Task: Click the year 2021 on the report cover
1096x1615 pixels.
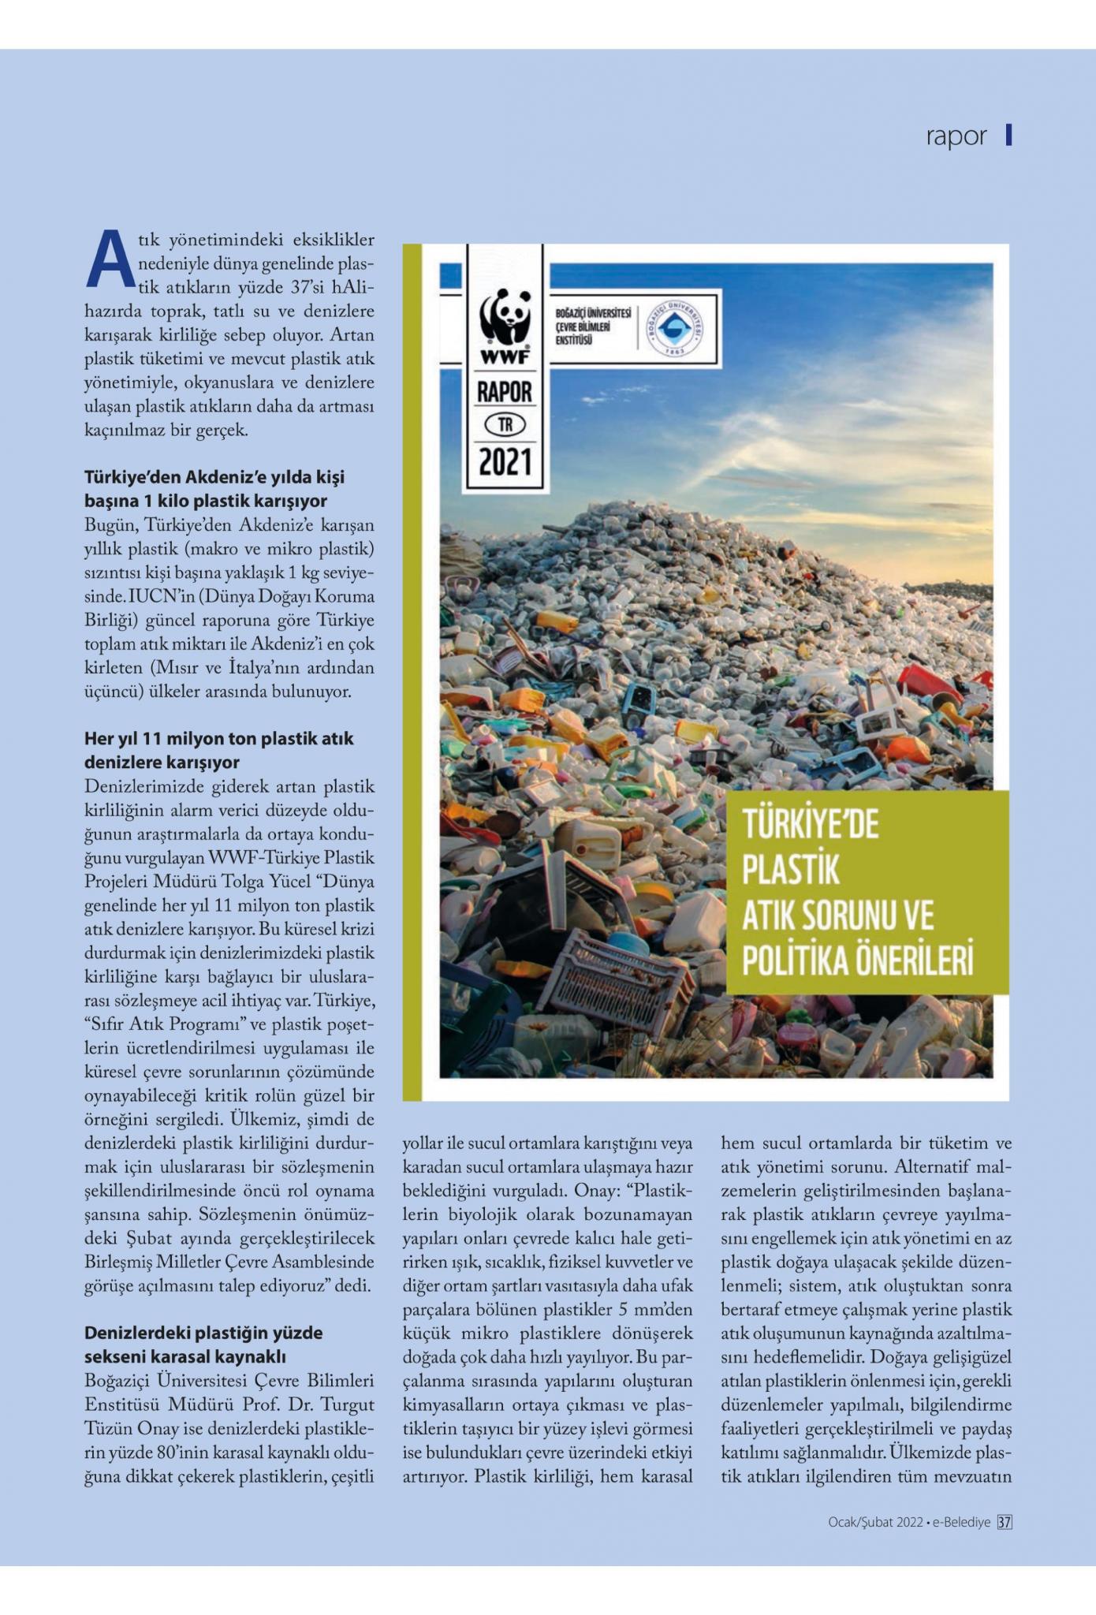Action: coord(505,462)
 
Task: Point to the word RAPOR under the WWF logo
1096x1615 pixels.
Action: coord(505,392)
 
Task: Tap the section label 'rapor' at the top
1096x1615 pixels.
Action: coord(956,136)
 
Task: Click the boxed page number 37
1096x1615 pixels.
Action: coord(1005,1523)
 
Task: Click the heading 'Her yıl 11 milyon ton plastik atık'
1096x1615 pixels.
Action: coord(219,739)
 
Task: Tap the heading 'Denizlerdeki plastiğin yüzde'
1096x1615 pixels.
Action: coord(203,1333)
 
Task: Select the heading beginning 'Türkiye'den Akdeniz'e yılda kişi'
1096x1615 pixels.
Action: coord(214,477)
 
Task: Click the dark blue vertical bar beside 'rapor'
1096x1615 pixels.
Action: coord(1008,136)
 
